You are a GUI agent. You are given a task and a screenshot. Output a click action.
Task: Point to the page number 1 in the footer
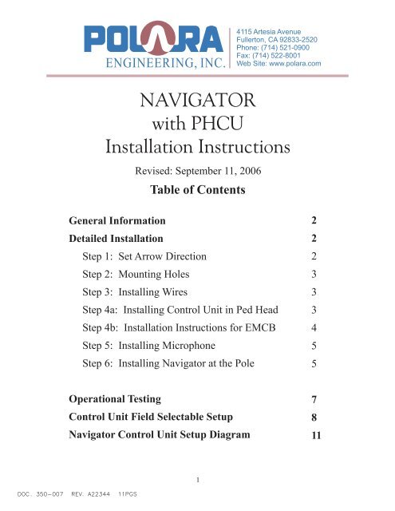[196, 479]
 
